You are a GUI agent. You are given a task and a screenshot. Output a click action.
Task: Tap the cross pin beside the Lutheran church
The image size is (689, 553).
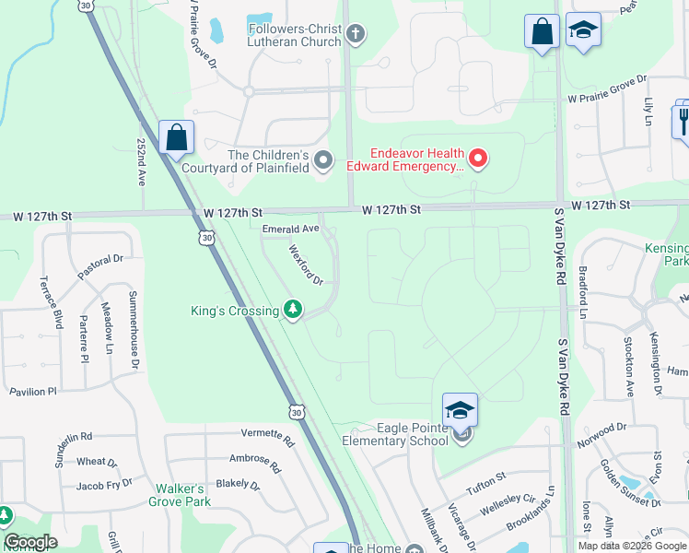[x=356, y=36]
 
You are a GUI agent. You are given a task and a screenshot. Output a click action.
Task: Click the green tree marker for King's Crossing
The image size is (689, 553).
[x=293, y=310]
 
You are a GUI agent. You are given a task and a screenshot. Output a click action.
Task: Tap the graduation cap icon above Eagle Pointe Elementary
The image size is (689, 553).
[x=460, y=409]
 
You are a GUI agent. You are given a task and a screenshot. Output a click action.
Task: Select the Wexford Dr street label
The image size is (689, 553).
[x=307, y=265]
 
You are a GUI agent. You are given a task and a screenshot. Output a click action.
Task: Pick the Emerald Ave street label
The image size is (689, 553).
[x=290, y=228]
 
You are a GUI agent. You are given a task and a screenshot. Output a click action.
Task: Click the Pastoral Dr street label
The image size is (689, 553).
[x=100, y=261]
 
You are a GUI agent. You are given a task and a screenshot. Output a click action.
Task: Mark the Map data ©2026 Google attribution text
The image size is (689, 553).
[x=632, y=546]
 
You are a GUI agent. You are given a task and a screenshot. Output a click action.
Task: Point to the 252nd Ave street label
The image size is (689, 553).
[x=142, y=163]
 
